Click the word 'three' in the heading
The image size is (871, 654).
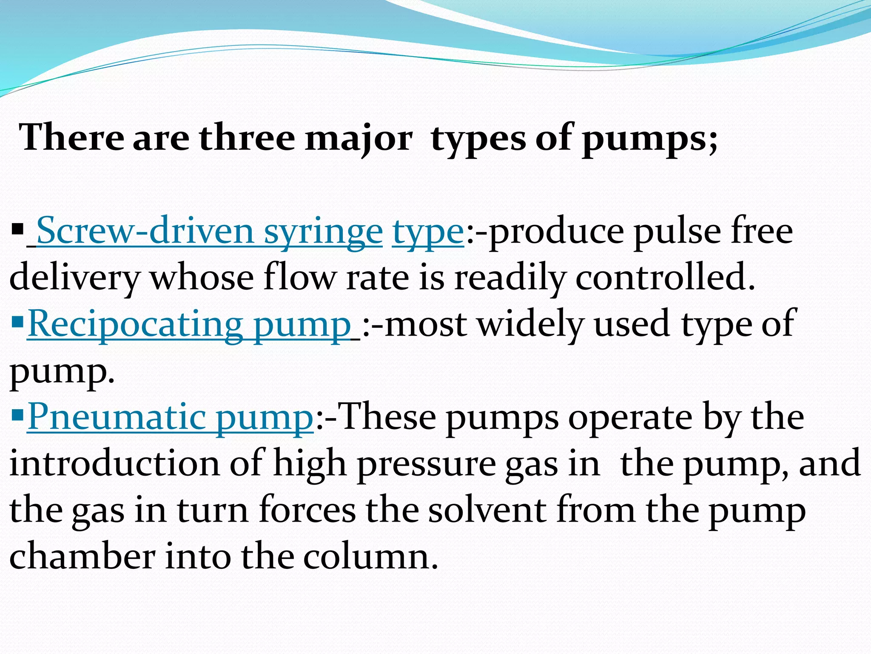tap(247, 138)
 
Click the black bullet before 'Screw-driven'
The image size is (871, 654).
tap(18, 230)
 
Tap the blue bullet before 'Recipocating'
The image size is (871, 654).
tap(18, 323)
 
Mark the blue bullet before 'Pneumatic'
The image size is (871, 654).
tap(18, 415)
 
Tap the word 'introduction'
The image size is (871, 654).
tap(114, 463)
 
